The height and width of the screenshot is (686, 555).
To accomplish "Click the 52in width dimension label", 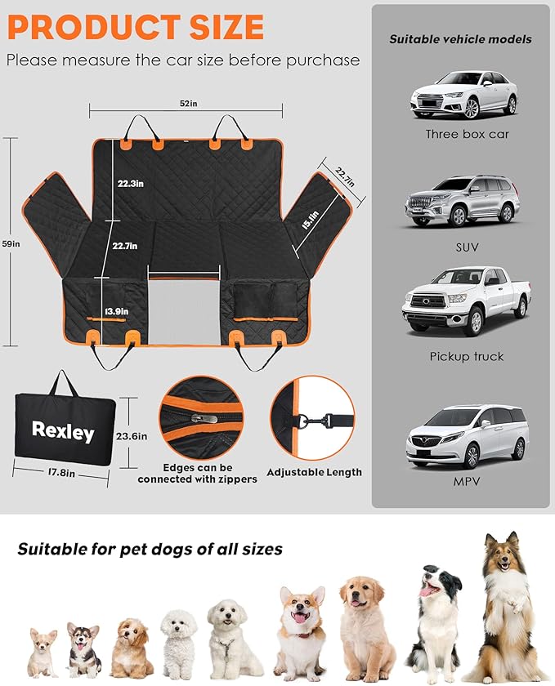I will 189,105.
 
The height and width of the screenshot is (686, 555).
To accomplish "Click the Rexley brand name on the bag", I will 63,430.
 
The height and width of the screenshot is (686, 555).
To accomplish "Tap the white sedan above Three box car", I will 463,95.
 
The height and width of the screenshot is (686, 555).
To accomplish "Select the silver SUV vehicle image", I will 462,200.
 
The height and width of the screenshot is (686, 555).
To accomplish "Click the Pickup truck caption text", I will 467,357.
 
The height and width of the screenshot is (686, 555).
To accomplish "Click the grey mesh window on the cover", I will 185,303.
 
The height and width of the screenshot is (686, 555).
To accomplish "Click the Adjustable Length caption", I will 315,472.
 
